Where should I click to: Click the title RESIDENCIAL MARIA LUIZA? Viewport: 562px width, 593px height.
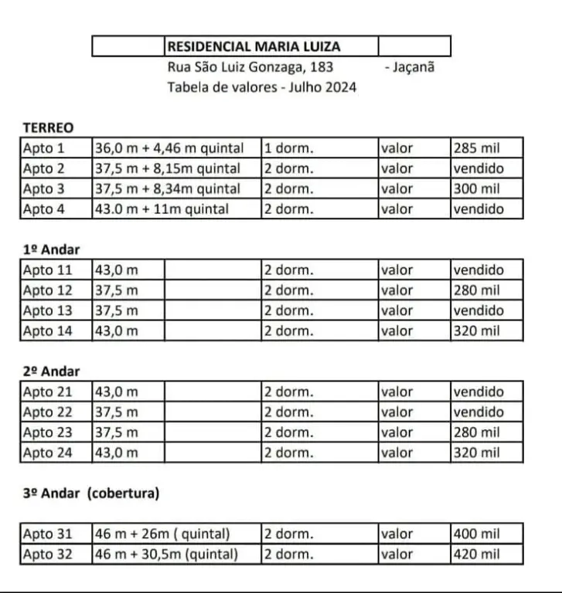(254, 47)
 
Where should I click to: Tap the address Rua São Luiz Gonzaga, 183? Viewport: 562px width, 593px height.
(250, 67)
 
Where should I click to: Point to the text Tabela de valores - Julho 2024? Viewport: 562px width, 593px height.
(261, 87)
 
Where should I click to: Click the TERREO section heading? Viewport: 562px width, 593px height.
(48, 127)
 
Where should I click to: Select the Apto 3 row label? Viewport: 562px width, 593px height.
(44, 188)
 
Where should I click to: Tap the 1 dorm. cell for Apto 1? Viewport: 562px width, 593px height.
(288, 148)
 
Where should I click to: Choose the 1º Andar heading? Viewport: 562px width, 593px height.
(52, 249)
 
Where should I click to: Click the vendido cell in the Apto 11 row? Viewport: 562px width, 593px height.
(478, 270)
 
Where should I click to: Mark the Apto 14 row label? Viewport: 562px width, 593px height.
(48, 330)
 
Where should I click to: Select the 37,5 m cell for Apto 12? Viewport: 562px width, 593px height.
(117, 290)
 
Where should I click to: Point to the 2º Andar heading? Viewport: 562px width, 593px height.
(52, 371)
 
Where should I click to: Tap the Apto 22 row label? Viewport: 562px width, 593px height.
(48, 412)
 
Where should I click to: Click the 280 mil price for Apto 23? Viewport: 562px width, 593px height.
(476, 432)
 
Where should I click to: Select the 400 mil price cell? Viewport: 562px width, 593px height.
(476, 534)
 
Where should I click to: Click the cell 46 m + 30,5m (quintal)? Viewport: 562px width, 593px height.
(166, 554)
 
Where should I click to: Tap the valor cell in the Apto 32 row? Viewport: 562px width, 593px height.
(397, 554)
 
